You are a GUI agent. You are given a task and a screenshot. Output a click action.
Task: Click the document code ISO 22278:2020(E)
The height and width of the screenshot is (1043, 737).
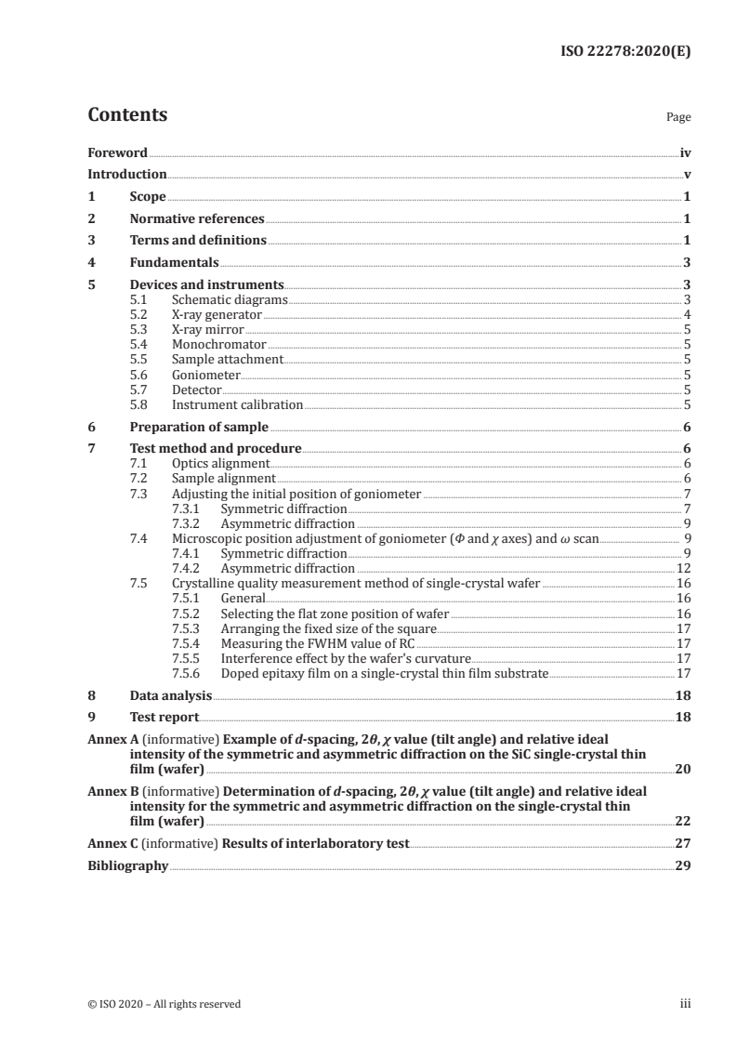[630, 52]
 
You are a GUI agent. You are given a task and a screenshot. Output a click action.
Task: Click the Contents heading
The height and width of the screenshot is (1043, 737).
[127, 115]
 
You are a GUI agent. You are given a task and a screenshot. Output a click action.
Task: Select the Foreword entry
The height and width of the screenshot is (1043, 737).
[117, 152]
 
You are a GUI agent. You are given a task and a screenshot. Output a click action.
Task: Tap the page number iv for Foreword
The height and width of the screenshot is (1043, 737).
[685, 152]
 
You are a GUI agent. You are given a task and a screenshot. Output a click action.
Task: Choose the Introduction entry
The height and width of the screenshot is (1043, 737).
[126, 174]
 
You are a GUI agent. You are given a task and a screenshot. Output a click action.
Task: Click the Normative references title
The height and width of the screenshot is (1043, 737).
[196, 219]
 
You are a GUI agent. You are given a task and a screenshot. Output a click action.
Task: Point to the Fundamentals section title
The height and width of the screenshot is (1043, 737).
[173, 262]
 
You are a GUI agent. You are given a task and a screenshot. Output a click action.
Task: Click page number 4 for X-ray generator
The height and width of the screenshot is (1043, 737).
[686, 314]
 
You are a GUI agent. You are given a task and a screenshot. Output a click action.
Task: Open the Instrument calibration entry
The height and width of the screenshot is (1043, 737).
[237, 404]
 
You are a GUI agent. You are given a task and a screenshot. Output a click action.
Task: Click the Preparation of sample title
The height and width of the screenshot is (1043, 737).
[198, 427]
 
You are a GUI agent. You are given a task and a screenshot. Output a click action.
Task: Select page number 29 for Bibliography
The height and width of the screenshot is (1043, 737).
[682, 865]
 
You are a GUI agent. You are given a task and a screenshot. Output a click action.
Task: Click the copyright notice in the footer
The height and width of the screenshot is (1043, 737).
[164, 1004]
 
